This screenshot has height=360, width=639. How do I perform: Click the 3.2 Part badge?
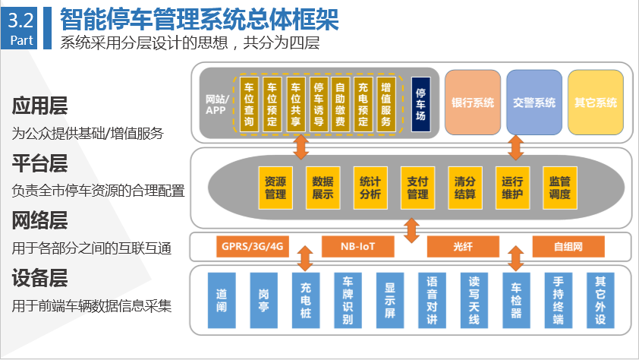click(x=22, y=28)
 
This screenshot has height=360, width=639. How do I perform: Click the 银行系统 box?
click(x=473, y=102)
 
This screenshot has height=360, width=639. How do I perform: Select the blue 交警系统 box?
click(x=534, y=102)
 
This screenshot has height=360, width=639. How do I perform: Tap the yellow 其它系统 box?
click(x=596, y=102)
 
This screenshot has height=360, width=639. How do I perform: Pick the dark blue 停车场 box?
click(x=421, y=105)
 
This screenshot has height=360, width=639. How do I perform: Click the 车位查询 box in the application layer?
click(x=248, y=105)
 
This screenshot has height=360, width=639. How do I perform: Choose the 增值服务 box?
click(x=386, y=105)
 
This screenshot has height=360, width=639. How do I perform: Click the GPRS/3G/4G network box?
click(x=252, y=247)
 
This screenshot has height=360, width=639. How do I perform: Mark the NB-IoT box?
click(x=357, y=247)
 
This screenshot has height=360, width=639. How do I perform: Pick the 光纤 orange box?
click(x=463, y=247)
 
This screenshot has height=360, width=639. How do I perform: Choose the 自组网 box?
click(x=568, y=247)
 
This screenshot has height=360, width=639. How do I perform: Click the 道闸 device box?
click(x=222, y=300)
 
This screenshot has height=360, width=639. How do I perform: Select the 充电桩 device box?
click(x=306, y=300)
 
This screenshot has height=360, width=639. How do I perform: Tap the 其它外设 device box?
click(x=600, y=300)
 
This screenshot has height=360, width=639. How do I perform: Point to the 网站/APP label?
click(x=217, y=105)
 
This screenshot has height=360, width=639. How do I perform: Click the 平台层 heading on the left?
click(x=39, y=163)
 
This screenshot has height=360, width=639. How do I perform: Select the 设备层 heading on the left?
click(x=39, y=279)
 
